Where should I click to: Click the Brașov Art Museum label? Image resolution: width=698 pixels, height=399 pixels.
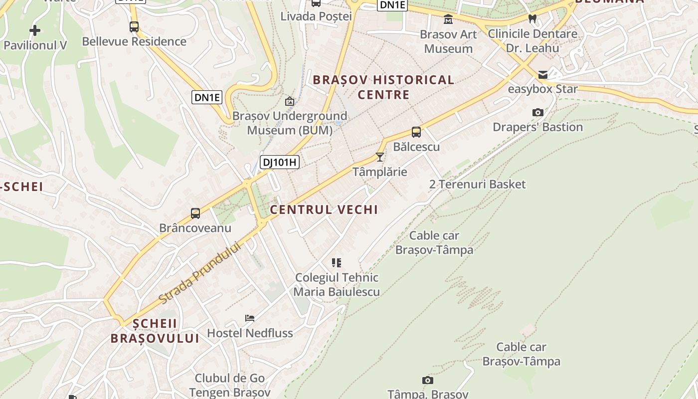(448, 41)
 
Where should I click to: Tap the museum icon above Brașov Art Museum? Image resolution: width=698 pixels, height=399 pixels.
(448, 19)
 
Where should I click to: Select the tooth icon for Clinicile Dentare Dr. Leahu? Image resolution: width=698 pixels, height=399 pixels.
(532, 19)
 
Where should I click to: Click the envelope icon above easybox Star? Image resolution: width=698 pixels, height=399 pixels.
(543, 75)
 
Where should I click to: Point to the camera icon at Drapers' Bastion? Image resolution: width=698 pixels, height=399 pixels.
(537, 113)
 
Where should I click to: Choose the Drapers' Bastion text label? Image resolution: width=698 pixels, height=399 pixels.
(537, 127)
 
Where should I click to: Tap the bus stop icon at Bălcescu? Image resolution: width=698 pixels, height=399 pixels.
(416, 132)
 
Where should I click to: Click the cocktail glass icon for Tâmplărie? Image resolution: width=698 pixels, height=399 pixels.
(380, 157)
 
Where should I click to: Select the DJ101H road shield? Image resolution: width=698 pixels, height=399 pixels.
(279, 162)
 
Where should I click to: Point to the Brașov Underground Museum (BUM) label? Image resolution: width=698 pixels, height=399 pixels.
(290, 123)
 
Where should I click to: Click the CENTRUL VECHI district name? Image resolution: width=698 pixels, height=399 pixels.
(324, 209)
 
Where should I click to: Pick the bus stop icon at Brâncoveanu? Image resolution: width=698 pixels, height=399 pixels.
(195, 213)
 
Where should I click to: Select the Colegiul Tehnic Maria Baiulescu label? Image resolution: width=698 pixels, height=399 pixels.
(337, 285)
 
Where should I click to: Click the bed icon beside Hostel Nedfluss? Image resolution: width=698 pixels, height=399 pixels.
(250, 318)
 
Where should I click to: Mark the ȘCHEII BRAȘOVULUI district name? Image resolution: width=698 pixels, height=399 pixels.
(155, 331)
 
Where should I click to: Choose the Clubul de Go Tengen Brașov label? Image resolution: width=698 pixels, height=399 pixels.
(230, 385)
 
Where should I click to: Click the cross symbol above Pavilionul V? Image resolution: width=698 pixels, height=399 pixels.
(35, 31)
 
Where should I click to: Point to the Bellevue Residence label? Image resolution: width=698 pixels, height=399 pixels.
(134, 41)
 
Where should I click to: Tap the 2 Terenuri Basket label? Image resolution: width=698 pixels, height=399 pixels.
(477, 185)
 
